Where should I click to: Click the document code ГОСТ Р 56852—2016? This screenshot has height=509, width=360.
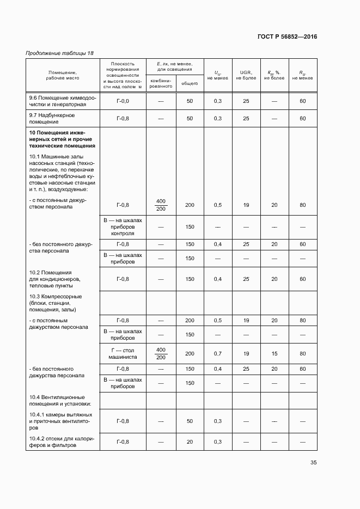click(x=287, y=37)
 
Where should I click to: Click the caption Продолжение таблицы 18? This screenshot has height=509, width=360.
click(x=59, y=53)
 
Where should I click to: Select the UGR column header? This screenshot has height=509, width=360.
click(x=246, y=75)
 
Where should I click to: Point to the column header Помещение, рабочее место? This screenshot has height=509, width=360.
click(x=62, y=75)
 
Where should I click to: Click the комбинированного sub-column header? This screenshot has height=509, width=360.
click(x=161, y=83)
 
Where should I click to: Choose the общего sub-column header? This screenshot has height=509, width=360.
click(x=190, y=83)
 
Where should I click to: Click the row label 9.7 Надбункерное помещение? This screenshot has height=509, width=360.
click(x=52, y=119)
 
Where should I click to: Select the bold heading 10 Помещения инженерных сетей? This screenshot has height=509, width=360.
click(x=62, y=139)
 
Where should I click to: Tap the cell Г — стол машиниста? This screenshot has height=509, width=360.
click(x=123, y=353)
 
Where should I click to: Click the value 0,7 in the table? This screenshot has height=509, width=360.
click(x=218, y=354)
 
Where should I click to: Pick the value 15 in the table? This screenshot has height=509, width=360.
click(x=274, y=354)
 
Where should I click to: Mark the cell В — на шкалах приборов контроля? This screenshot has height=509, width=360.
click(x=123, y=226)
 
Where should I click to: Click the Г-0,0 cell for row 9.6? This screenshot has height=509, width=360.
click(x=123, y=102)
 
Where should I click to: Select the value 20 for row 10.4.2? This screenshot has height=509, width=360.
click(x=190, y=441)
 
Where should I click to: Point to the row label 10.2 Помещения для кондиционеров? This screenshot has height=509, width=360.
click(x=55, y=279)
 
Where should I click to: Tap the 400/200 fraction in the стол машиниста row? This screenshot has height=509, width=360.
click(x=161, y=353)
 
